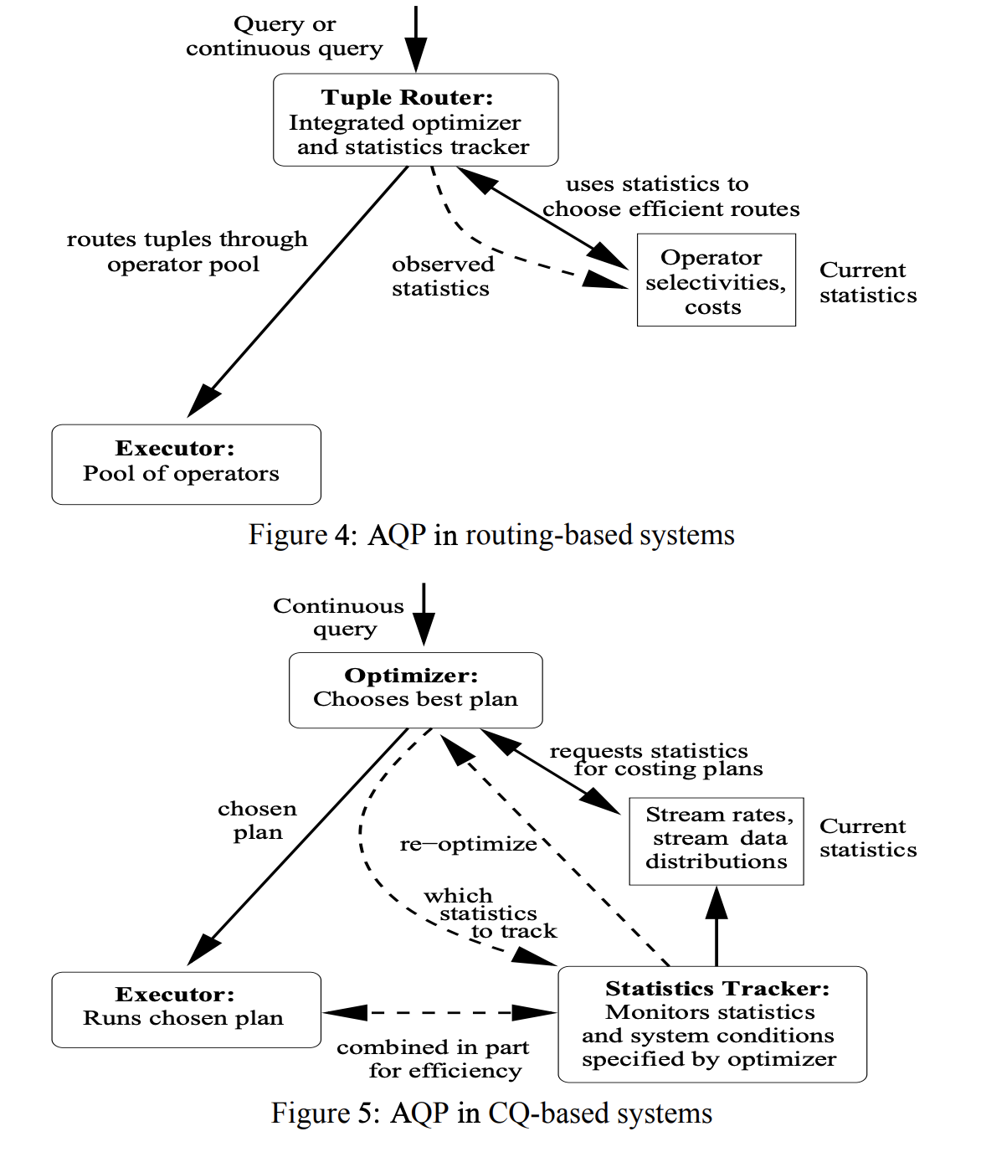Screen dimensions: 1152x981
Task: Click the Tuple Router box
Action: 415,120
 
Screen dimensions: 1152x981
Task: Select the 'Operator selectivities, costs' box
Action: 716,280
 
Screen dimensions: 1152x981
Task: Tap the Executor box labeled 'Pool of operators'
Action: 186,465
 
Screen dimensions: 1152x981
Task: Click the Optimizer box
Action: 415,690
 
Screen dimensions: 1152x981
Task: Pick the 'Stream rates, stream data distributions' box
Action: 716,841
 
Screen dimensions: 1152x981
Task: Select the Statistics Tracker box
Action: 711,1024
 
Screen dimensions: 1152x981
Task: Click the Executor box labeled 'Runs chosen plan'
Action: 186,1009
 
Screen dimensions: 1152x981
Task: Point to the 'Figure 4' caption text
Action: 491,535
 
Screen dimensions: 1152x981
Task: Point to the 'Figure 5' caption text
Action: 491,1113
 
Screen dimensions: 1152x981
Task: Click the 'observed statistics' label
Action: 442,276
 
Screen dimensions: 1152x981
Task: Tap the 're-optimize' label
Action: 468,844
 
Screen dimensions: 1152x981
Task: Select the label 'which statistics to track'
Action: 488,913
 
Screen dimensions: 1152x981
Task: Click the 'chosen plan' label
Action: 257,820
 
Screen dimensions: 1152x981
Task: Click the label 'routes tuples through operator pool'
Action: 187,251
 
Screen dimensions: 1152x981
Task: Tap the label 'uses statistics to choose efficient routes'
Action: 670,196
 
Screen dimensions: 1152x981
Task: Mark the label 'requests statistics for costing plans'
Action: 655,759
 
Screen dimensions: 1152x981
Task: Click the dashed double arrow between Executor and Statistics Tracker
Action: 439,1013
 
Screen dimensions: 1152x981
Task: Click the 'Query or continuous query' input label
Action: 284,36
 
